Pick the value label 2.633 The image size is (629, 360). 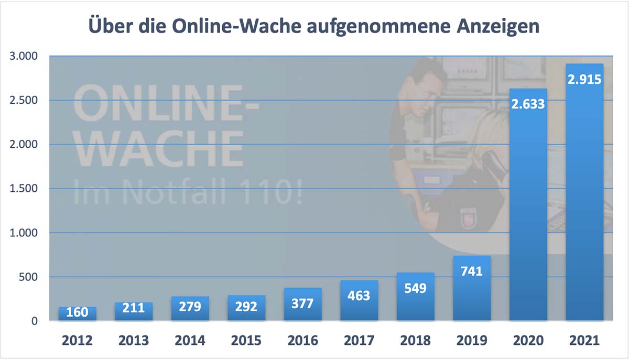(528, 104)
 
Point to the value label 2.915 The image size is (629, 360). (584, 80)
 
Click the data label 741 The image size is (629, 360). (472, 271)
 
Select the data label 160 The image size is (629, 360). (77, 313)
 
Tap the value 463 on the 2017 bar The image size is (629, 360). (359, 295)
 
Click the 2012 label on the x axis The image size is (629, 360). (77, 341)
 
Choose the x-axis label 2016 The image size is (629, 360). (302, 341)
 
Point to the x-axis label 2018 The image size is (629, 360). (415, 341)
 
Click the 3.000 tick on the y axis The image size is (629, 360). (24, 56)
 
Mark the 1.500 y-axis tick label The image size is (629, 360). (24, 189)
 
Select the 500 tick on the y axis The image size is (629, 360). (29, 277)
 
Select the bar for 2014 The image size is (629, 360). (190, 309)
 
